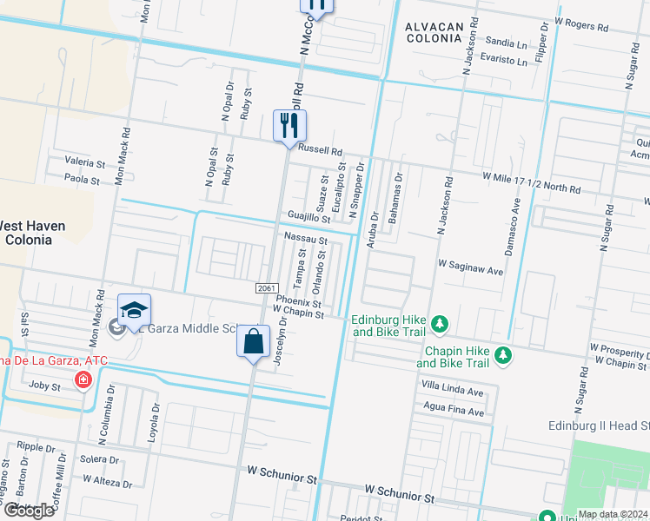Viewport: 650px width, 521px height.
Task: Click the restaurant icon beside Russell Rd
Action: click(x=289, y=125)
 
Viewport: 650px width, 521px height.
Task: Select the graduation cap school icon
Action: click(x=135, y=310)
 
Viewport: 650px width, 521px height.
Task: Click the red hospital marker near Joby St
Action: click(x=83, y=379)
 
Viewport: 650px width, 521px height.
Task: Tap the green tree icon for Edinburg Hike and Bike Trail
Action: click(x=441, y=325)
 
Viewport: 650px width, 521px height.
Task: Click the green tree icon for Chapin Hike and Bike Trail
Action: click(x=501, y=356)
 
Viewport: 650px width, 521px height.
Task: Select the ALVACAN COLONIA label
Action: click(x=434, y=32)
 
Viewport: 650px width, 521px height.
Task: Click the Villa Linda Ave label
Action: click(x=452, y=392)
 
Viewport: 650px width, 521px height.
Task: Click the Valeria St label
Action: click(x=85, y=162)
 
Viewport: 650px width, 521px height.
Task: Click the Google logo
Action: click(x=29, y=511)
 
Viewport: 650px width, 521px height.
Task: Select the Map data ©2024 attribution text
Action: click(x=612, y=514)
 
